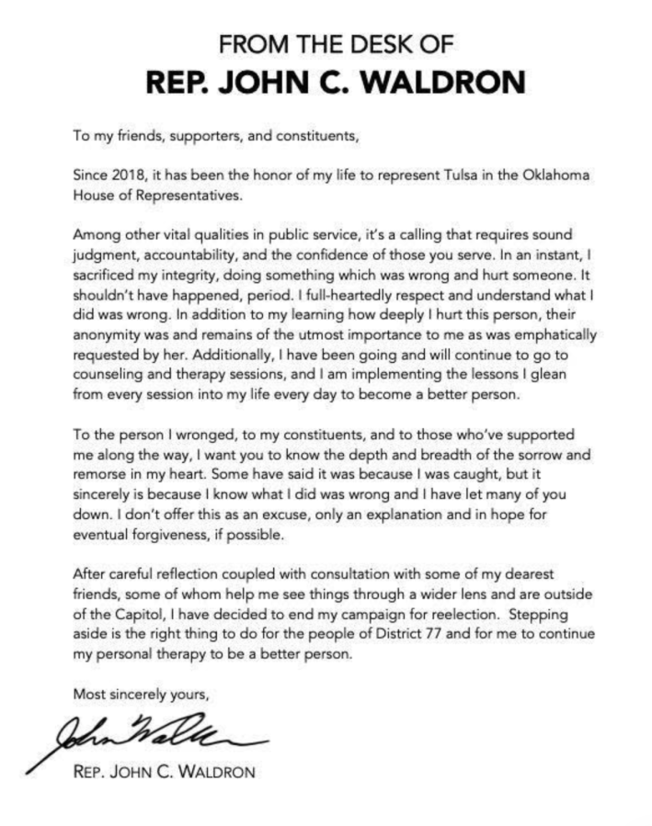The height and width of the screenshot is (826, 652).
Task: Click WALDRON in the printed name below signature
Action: click(x=211, y=773)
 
